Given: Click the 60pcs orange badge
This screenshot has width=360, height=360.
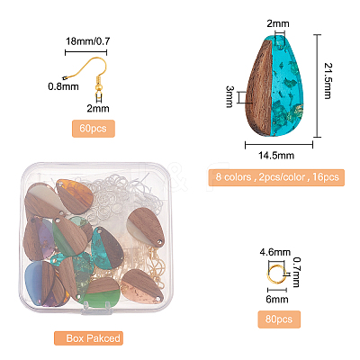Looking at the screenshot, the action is tap(94, 129).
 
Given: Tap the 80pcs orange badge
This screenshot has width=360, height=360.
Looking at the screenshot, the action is tap(279, 319).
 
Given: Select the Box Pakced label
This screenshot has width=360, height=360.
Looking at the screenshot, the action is tap(88, 338).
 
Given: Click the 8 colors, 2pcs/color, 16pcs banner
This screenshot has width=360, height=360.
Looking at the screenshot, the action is tap(276, 177).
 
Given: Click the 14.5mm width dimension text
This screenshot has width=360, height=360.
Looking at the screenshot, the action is tap(276, 156).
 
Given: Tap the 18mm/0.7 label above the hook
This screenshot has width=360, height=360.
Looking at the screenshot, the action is tap(87, 41).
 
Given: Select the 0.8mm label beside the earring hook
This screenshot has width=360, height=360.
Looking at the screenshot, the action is tap(63, 86).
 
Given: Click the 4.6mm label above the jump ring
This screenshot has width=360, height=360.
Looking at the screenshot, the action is tap(275, 252).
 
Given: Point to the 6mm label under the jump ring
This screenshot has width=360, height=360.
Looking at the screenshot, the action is tap(277, 299).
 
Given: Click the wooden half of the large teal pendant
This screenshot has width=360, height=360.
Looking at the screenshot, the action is tap(259, 88).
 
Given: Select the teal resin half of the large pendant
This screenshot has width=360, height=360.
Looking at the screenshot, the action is tap(287, 87).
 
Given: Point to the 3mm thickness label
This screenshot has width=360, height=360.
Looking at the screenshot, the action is tap(230, 96).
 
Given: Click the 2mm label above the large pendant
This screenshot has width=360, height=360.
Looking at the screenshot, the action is tap(278, 23).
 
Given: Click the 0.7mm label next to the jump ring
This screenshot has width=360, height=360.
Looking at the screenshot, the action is tap(296, 272).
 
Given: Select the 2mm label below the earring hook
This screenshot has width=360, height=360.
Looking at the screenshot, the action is tap(98, 108).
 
